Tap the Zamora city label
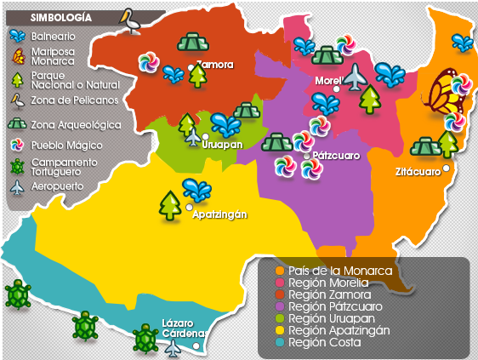[x=213, y=65]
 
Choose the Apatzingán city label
[x=219, y=214]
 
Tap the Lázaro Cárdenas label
[x=181, y=329]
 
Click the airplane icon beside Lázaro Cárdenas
[x=174, y=346]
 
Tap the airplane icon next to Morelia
[x=355, y=77]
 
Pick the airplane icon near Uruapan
[x=193, y=136]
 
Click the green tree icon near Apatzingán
[x=170, y=205]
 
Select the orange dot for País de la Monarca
[x=279, y=271]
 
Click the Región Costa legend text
[x=325, y=342]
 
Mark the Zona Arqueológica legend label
[x=76, y=124]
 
